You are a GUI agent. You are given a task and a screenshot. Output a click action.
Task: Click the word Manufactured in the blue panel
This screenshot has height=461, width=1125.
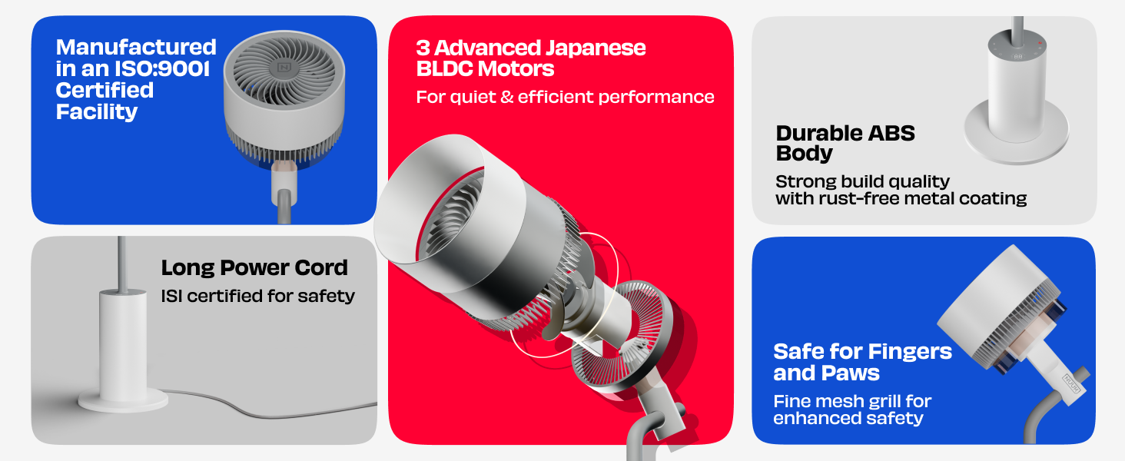click(x=136, y=47)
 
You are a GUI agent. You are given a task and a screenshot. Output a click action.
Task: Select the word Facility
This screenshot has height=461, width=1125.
click(x=96, y=112)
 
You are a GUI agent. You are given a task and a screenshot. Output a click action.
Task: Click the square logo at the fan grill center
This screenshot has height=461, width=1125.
click(x=284, y=68)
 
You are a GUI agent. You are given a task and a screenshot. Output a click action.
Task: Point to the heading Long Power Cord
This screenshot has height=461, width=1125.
click(x=254, y=267)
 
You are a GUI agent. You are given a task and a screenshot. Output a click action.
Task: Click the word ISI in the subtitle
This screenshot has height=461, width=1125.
click(x=171, y=296)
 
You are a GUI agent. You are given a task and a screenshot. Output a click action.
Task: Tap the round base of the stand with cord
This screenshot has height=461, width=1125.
click(x=123, y=401)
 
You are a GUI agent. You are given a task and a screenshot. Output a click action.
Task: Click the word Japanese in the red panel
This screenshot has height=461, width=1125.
click(x=596, y=48)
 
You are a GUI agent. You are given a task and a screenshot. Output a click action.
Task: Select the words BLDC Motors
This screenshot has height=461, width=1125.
click(x=485, y=69)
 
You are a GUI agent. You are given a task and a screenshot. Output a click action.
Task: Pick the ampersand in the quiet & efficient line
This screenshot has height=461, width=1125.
click(x=507, y=96)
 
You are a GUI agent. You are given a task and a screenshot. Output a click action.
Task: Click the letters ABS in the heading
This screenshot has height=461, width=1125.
click(x=891, y=134)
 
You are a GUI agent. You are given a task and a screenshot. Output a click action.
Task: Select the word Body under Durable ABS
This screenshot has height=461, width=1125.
click(x=804, y=153)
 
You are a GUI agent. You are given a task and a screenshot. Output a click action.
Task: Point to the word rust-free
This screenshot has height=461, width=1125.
click(x=861, y=198)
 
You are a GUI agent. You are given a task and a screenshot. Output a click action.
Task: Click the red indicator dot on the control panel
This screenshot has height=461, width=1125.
click(x=1040, y=43)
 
